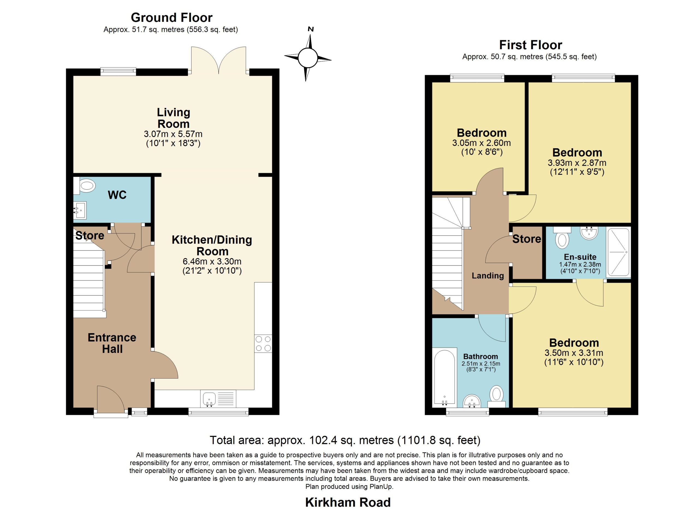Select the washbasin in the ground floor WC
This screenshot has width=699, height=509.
80,210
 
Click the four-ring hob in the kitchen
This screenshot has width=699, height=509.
263,344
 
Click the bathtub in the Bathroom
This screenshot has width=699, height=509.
445,378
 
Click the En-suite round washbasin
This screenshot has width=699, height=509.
589,233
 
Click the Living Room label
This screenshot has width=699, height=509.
173,118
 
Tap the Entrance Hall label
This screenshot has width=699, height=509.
112,343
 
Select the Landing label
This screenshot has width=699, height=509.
488,276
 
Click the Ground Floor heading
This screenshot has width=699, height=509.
172,17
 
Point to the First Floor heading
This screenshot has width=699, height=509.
531,45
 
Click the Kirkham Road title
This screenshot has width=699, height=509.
348,502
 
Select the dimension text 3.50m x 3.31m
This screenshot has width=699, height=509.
574,353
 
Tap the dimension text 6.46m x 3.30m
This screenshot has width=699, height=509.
212,262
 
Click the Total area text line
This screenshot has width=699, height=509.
345,440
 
